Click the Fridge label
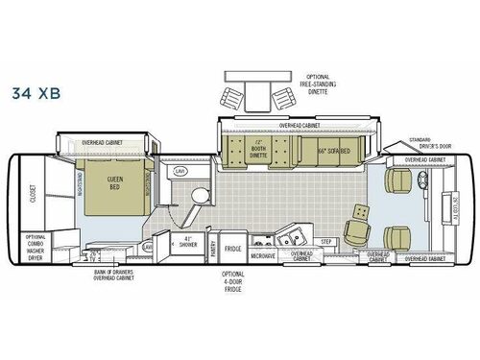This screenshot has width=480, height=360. [231, 248]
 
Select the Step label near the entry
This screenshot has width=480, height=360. [327, 241]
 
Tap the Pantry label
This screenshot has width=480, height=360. [212, 248]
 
